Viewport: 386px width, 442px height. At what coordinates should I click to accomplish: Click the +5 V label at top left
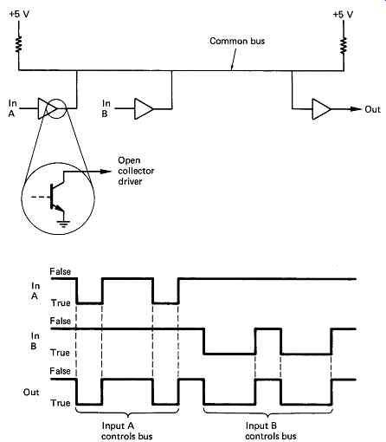point(19,14)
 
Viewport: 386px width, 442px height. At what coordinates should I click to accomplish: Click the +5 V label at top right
point(343,15)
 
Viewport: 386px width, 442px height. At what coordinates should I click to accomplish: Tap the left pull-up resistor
point(19,44)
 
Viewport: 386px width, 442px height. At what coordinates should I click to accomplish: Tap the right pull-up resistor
point(344,45)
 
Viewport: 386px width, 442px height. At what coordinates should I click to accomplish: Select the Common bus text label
point(237,41)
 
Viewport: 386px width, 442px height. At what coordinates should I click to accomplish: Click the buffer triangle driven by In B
point(144,109)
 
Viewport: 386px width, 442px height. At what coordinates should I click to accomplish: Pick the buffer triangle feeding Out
point(321,109)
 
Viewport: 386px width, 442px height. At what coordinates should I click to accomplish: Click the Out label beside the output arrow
point(372,109)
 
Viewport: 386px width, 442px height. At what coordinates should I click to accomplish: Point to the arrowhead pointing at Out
point(356,109)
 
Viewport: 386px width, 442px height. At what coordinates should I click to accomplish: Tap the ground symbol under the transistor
point(63,224)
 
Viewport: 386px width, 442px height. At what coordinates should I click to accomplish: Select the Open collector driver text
point(136,171)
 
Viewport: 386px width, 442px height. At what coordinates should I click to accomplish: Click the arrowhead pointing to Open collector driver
point(106,172)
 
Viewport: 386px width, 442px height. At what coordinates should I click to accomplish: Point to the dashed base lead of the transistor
point(41,197)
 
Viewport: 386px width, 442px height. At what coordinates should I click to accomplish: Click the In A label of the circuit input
point(12,108)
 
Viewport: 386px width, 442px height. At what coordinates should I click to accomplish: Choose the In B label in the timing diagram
point(35,341)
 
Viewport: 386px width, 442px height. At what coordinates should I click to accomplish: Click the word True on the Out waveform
point(61,403)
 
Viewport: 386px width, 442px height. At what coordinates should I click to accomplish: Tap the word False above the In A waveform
point(60,271)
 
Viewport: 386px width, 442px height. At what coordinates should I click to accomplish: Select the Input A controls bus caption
point(126,431)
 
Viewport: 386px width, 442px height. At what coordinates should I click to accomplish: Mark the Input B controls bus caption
point(271,431)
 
